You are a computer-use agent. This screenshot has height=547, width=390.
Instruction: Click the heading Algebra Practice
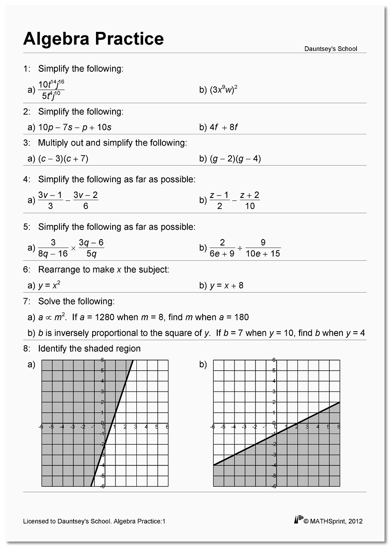(x=93, y=39)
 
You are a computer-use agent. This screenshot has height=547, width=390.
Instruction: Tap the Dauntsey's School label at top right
(x=331, y=49)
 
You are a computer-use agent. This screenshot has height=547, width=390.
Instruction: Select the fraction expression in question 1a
(x=51, y=90)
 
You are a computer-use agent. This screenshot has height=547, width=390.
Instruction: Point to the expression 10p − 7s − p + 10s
(x=75, y=127)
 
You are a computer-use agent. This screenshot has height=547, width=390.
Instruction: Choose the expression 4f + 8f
(x=223, y=127)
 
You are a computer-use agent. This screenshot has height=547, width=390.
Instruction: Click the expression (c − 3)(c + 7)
(x=63, y=159)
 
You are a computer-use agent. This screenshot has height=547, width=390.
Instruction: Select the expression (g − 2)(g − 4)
(x=235, y=159)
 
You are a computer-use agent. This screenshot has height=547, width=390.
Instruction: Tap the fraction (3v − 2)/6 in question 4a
(x=85, y=200)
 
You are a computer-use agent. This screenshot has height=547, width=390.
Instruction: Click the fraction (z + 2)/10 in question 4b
(x=249, y=200)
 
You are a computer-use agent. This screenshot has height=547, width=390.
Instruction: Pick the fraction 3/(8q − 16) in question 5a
(x=53, y=248)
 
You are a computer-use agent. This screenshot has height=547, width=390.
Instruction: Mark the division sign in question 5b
(x=240, y=248)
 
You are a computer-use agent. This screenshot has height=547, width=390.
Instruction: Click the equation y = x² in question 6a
(x=52, y=285)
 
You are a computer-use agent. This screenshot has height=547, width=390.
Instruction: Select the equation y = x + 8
(x=226, y=285)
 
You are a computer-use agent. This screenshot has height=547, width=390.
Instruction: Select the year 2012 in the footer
(x=355, y=521)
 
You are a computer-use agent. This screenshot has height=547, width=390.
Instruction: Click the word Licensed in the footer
(x=36, y=521)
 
